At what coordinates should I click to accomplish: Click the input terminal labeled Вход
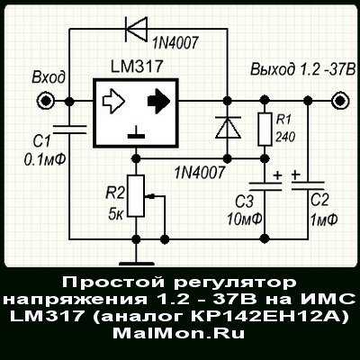coord(45,101)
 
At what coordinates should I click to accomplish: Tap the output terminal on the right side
coord(340,101)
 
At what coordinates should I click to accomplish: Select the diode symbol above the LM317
coord(136,29)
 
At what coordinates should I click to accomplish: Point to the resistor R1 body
coord(265,130)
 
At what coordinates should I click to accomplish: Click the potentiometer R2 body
coord(136,195)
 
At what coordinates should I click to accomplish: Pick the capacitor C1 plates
coord(69,130)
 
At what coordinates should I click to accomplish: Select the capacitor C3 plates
coord(265,186)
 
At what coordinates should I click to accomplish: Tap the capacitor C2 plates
coord(308,185)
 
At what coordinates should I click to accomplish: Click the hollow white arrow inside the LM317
coord(113,101)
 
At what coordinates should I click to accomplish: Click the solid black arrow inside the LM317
coord(159,101)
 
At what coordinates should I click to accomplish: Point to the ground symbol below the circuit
coord(137,264)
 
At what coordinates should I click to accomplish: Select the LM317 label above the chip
coord(137,67)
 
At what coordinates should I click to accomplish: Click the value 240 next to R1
coord(285,138)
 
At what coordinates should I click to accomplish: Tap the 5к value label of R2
coord(115,214)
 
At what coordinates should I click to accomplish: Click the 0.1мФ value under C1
coord(46,160)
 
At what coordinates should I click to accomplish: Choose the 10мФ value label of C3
coord(245,219)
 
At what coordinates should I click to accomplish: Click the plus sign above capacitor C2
coord(296,175)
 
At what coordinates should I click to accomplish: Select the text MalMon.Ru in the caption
coord(179,333)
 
